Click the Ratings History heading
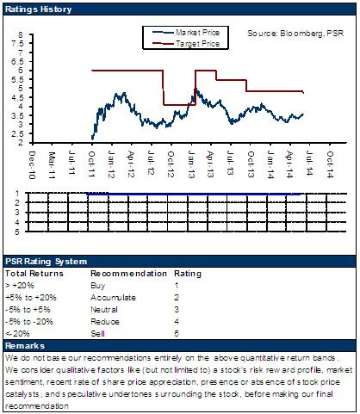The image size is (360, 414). coord(38,9)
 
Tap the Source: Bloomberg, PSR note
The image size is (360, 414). coord(295,34)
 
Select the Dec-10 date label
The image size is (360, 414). coord(33,165)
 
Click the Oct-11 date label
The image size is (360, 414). coord(91,164)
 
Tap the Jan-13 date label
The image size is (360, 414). coord(191,164)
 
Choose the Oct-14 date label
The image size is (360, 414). coord(330,164)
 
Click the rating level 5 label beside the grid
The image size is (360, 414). coord(17,232)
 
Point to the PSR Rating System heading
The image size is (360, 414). coord(46,262)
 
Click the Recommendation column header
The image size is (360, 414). coord(128,274)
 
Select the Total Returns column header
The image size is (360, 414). coord(34,274)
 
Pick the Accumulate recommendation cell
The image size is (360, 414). coord(113,298)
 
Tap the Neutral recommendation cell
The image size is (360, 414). coord(104,310)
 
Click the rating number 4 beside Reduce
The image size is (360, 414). coord(177,322)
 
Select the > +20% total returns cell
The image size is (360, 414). coord(20,286)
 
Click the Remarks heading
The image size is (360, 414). coord(25,346)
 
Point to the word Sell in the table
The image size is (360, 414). coord(97,334)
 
